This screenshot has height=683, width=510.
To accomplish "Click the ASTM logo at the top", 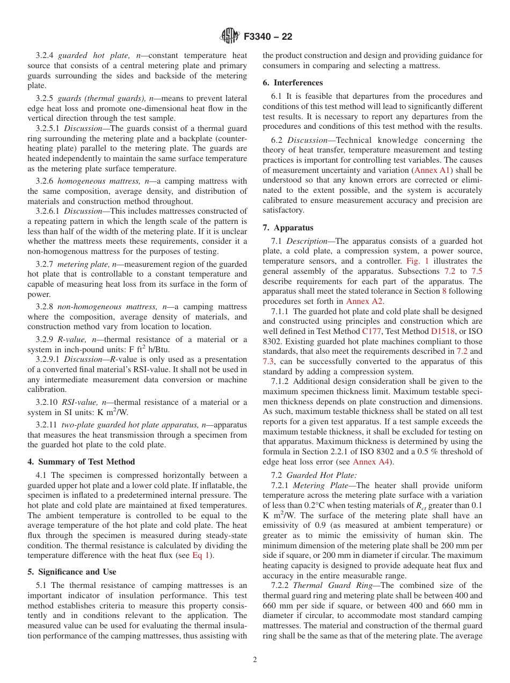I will click(x=229, y=37).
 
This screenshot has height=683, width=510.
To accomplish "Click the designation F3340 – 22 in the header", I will click(x=268, y=37).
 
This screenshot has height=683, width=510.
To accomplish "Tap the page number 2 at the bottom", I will click(x=255, y=659).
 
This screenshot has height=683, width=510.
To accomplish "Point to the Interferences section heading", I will click(x=293, y=83).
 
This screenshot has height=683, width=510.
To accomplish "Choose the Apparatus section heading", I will click(x=288, y=228).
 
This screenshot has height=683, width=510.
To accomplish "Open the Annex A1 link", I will click(x=432, y=170).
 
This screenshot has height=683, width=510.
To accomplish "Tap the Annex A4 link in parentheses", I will click(x=371, y=462).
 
